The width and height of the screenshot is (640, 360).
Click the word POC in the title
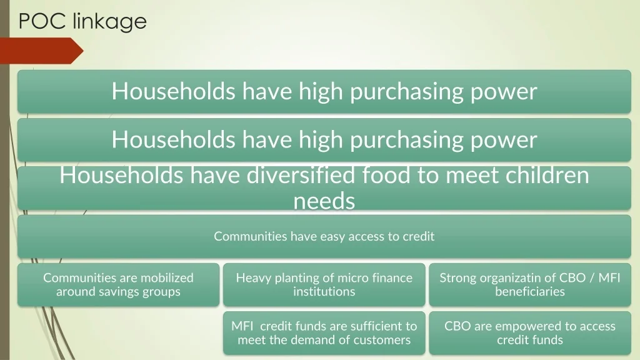[42, 21]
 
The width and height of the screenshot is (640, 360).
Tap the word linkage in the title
[109, 22]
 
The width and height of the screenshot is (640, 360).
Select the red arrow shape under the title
[42, 51]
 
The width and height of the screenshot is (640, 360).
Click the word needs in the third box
[324, 201]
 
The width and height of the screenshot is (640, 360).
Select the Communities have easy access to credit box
[324, 237]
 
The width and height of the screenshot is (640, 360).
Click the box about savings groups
[118, 285]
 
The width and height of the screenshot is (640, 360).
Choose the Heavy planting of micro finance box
[324, 285]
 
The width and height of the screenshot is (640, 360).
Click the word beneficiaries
[530, 291]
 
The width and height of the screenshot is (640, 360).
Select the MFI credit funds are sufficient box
[324, 333]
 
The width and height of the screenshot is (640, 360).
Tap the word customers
[385, 340]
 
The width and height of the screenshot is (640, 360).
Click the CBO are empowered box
[530, 333]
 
